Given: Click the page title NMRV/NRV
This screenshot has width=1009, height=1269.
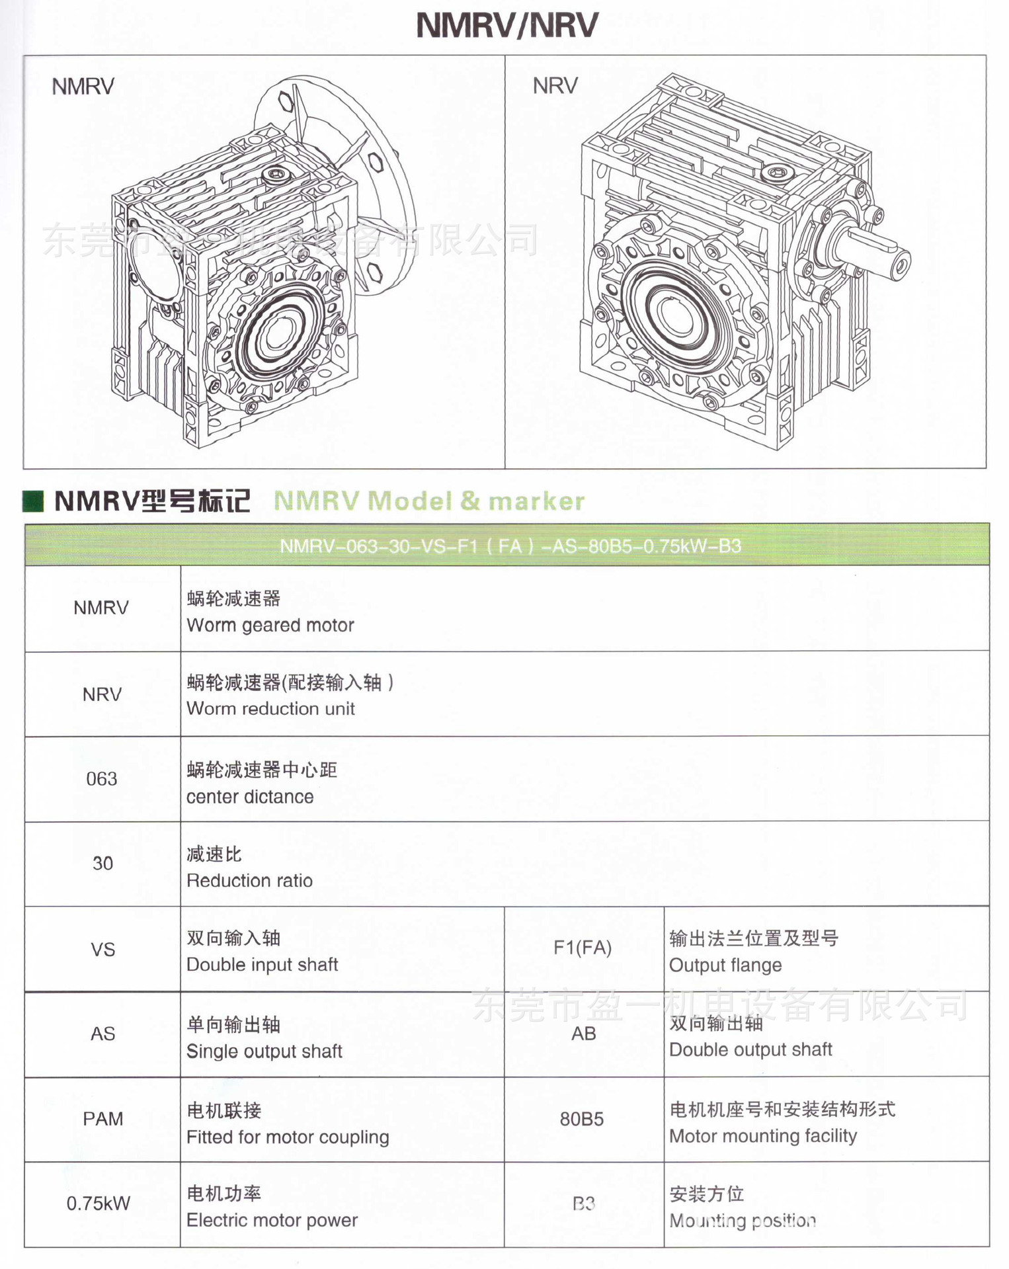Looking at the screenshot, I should pyautogui.click(x=506, y=26).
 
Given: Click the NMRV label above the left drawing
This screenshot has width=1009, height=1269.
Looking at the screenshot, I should pyautogui.click(x=83, y=87).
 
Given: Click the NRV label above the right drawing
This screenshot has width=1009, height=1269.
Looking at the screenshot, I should pyautogui.click(x=555, y=86).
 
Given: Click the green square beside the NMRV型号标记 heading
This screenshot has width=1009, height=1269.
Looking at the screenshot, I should pyautogui.click(x=33, y=501).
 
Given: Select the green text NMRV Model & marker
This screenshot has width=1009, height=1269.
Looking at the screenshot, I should pyautogui.click(x=429, y=501).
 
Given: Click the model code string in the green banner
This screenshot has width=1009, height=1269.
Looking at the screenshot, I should pyautogui.click(x=510, y=546).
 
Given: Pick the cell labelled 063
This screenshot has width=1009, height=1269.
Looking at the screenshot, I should pyautogui.click(x=102, y=779).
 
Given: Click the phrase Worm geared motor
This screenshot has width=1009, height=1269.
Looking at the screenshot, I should pyautogui.click(x=270, y=625).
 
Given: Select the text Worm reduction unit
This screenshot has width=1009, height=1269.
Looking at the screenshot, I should pyautogui.click(x=270, y=709).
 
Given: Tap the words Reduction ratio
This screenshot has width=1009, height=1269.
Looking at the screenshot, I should pyautogui.click(x=249, y=881).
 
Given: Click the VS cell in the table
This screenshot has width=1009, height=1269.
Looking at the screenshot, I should pyautogui.click(x=102, y=950).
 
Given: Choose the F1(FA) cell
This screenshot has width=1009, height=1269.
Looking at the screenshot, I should pyautogui.click(x=582, y=948).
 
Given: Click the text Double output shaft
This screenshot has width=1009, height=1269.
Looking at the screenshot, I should pyautogui.click(x=750, y=1049).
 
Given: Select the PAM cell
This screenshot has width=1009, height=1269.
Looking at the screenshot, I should pyautogui.click(x=102, y=1119).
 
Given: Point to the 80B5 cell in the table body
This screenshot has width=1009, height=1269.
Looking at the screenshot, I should pyautogui.click(x=581, y=1119).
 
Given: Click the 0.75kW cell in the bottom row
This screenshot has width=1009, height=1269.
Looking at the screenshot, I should pyautogui.click(x=99, y=1204).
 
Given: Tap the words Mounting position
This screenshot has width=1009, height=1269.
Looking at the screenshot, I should pyautogui.click(x=743, y=1221).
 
